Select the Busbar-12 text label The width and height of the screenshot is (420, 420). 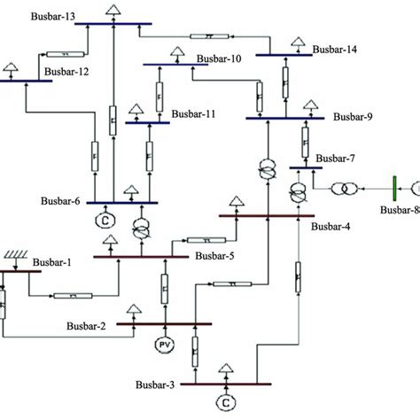point(65,72)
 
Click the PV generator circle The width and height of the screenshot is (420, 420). point(165,344)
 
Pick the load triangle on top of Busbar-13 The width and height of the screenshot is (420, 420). point(113,10)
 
